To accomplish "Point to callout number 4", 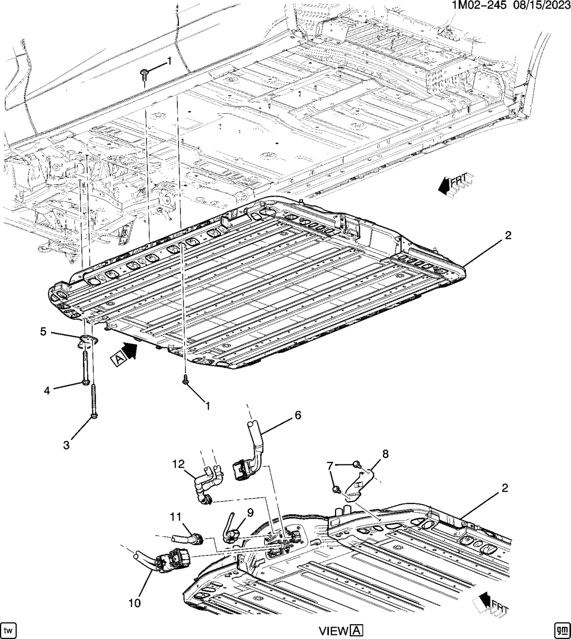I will (x=46, y=391).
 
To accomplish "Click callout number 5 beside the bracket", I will (x=44, y=332).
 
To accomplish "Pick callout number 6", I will (x=298, y=415).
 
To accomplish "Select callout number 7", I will (x=330, y=466).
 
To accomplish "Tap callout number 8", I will (x=385, y=454).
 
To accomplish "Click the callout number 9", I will (x=250, y=512).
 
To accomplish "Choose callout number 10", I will (x=135, y=602).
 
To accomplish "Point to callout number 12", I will (x=177, y=464).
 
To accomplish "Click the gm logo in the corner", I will (x=561, y=630).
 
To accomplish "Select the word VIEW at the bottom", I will (x=334, y=631).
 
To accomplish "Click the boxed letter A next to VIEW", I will (x=357, y=631).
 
